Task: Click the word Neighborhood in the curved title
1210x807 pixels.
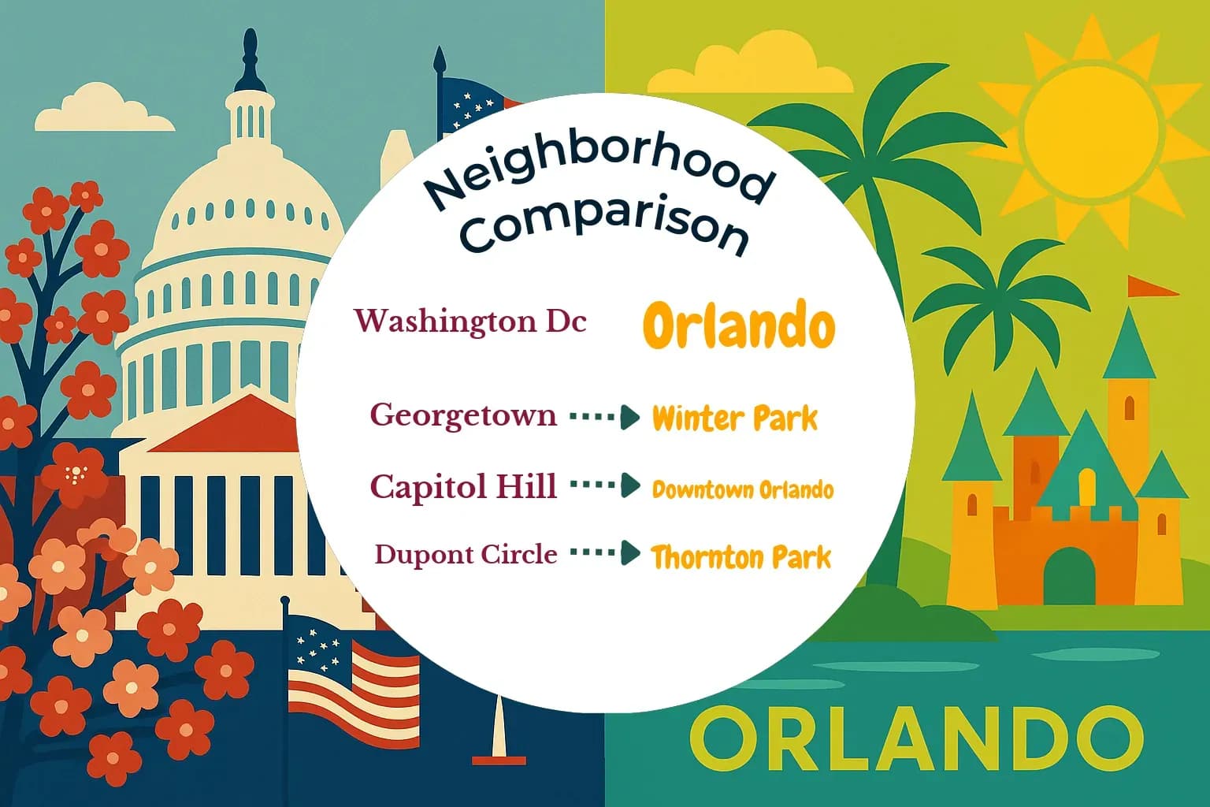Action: (599, 170)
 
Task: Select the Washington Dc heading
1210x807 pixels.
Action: (470, 322)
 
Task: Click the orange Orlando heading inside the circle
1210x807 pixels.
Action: (738, 325)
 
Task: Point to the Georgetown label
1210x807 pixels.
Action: (463, 415)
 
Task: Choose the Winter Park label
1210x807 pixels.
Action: (735, 418)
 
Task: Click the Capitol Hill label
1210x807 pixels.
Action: (463, 486)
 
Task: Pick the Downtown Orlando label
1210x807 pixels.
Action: (742, 489)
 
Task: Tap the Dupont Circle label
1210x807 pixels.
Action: (466, 554)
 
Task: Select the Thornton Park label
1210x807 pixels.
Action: (740, 557)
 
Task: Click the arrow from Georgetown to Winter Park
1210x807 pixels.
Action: (604, 417)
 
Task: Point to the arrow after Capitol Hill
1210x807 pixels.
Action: (604, 485)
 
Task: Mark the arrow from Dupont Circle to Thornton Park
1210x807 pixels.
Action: (604, 553)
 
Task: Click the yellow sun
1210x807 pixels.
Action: (1092, 126)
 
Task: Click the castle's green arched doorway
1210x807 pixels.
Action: (1063, 576)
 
